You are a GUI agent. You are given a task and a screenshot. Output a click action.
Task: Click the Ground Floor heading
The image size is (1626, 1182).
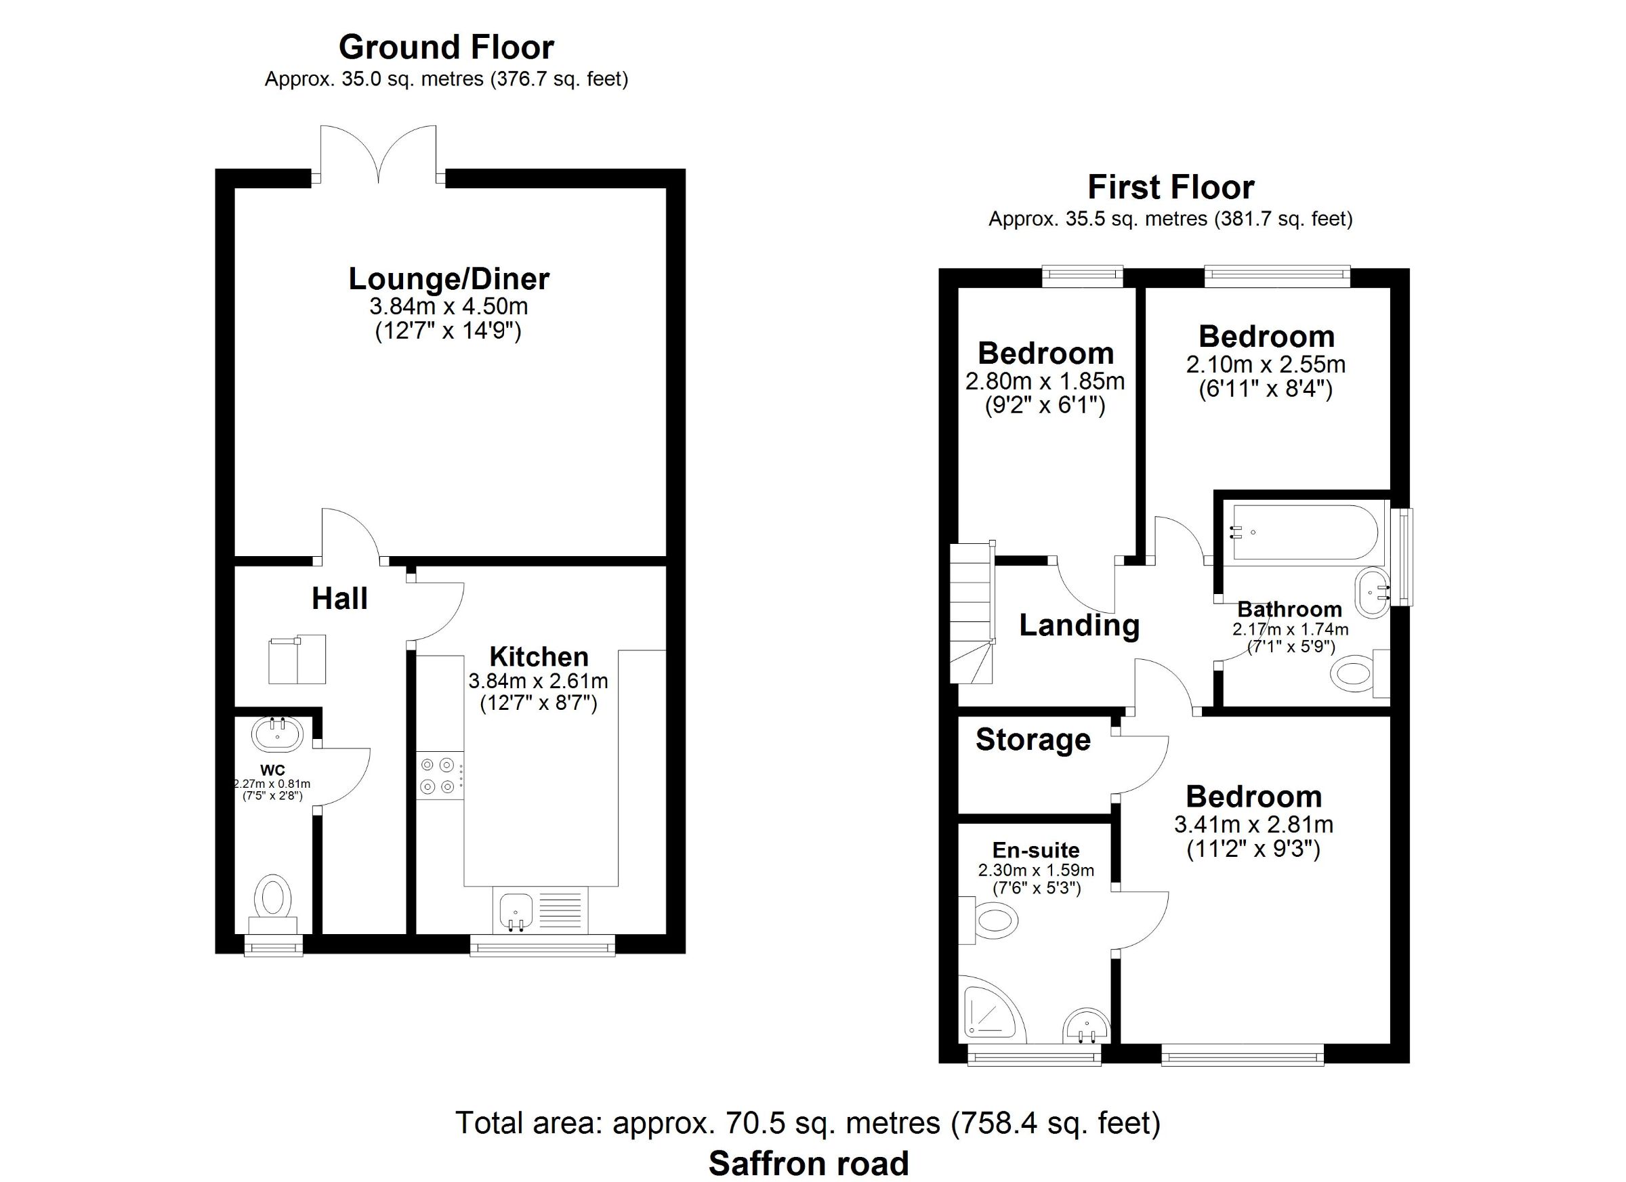tap(446, 47)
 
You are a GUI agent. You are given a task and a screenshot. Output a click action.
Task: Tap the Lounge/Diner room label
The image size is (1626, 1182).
tap(449, 279)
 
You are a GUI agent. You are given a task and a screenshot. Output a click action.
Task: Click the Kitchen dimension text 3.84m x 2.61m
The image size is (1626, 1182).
tap(539, 680)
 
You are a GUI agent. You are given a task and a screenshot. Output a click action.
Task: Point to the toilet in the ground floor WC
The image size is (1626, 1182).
tap(273, 904)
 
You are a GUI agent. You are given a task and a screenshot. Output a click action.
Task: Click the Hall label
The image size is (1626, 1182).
tap(340, 599)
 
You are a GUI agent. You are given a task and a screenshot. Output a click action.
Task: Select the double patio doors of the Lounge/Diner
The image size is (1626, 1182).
tap(379, 154)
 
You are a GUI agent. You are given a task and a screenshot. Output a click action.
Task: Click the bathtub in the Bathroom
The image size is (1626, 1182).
tap(1304, 532)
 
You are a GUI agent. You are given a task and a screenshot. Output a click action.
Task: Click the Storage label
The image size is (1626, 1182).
tap(1033, 739)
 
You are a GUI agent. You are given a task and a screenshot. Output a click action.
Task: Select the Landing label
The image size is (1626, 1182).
tap(1080, 626)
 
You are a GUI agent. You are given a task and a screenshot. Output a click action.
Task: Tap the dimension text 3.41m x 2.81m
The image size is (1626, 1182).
tap(1254, 824)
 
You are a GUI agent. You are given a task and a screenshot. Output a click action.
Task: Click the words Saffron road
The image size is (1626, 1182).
tap(809, 1162)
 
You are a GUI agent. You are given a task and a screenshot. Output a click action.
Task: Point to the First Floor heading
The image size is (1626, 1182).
tap(1171, 187)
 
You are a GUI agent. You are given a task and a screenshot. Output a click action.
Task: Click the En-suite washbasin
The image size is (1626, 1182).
tap(1087, 1026)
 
